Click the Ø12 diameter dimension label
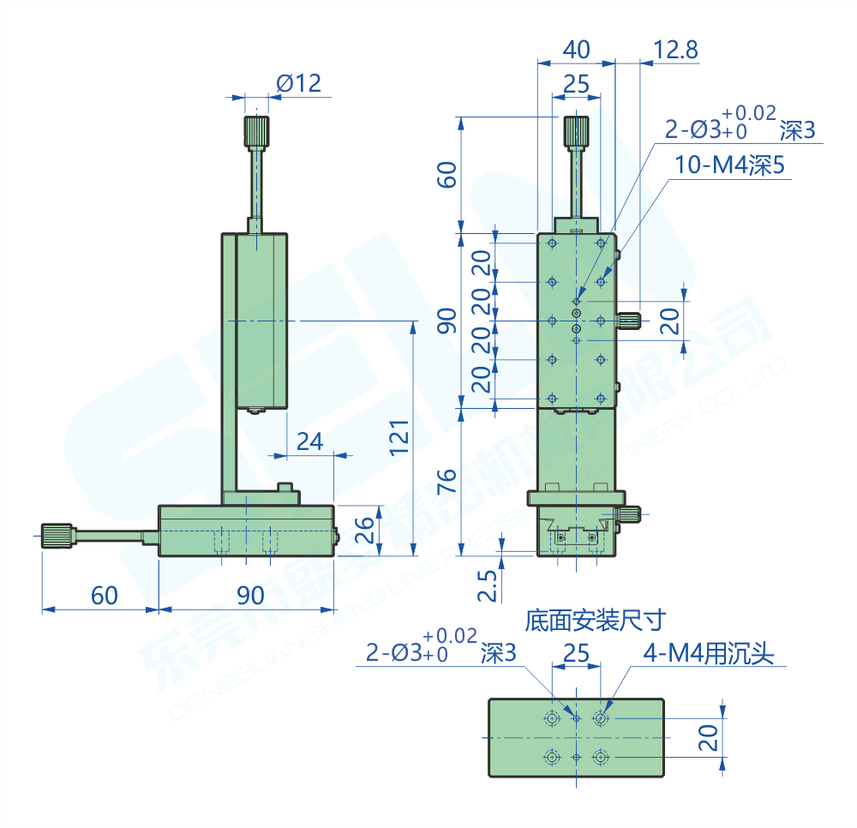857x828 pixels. (298, 83)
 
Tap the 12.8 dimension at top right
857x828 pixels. (675, 50)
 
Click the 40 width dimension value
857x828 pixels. (576, 50)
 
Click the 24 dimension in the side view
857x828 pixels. (309, 441)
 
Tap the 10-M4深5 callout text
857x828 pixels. (729, 165)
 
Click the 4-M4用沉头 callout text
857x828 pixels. (708, 655)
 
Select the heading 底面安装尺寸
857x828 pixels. (596, 619)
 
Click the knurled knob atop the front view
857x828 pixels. (576, 131)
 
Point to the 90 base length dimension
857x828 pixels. (250, 595)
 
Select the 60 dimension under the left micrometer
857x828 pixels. (104, 595)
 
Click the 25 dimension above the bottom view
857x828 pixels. (576, 654)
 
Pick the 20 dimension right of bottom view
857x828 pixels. (708, 736)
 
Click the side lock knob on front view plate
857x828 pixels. (631, 321)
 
